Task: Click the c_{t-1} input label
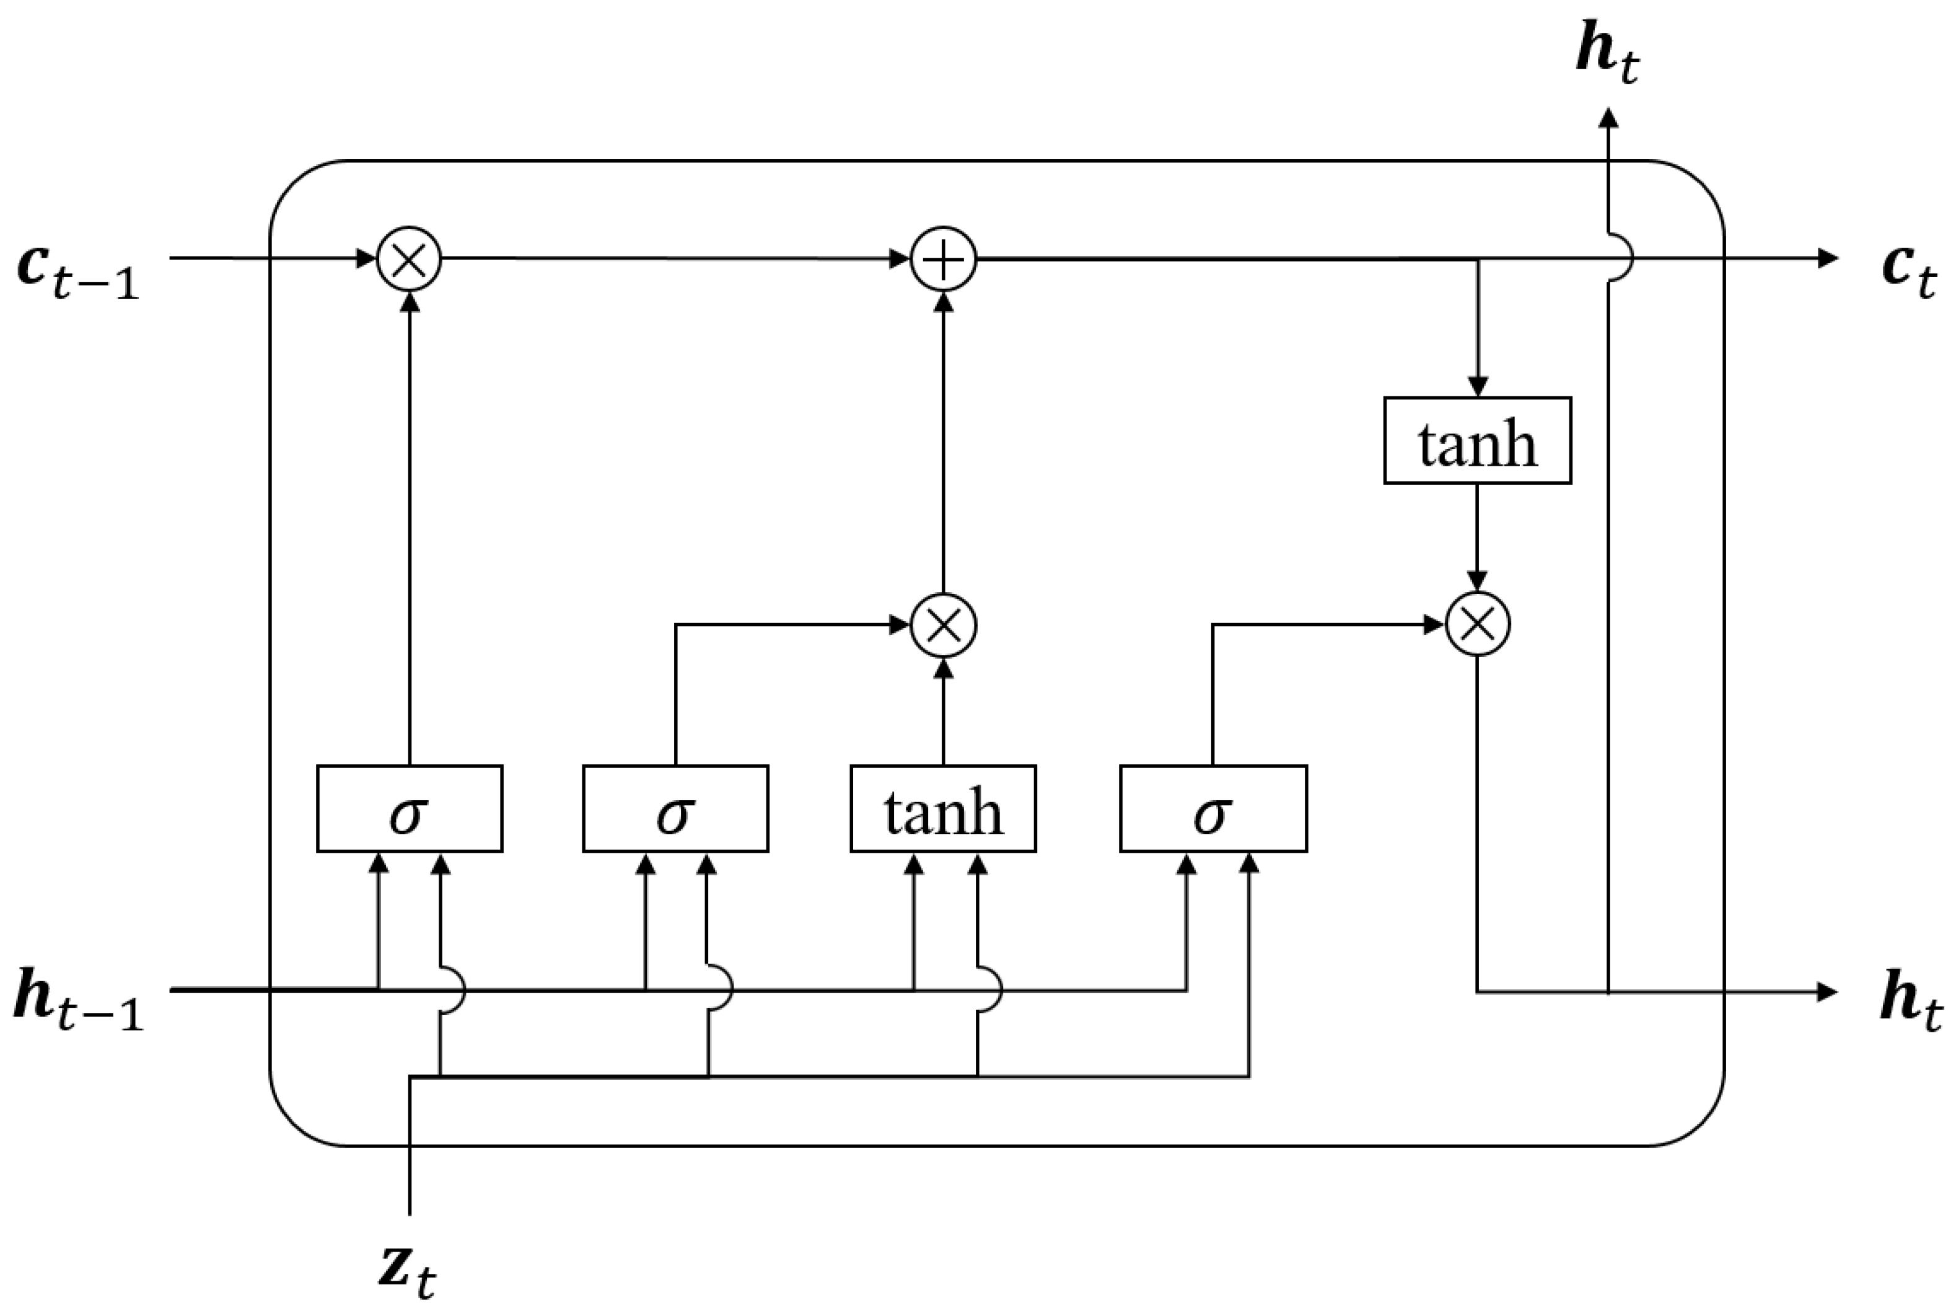(78, 272)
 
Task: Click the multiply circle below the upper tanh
(1478, 624)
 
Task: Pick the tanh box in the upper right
(1478, 440)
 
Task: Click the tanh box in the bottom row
(944, 809)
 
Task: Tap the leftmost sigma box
(409, 809)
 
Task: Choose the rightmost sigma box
(1212, 809)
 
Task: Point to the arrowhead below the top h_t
(1608, 118)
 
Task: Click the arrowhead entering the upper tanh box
(1478, 386)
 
